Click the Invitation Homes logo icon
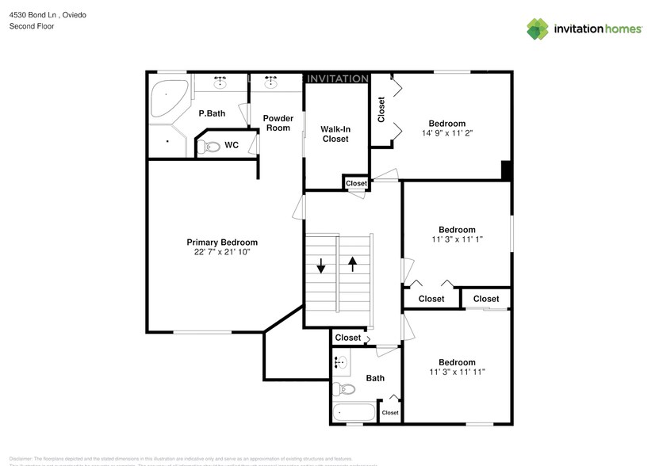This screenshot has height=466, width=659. coord(538,29)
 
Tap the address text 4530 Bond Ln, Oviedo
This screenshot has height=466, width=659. coord(47,13)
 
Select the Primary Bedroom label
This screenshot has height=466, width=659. coord(222,243)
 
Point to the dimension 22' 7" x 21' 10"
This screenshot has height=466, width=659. coord(222,252)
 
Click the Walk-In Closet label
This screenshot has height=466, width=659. coord(335,133)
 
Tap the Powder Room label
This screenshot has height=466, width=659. coord(278,123)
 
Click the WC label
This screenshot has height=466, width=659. coord(232,145)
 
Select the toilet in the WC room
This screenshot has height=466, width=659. coord(209,146)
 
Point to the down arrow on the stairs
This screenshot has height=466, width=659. coord(321,265)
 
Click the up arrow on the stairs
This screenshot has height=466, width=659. coord(352,264)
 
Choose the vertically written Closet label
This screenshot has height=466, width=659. coord(381,109)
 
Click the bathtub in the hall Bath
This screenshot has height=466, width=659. coord(353,413)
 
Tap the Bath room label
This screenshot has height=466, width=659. coord(375,378)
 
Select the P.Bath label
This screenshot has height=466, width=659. coord(212,113)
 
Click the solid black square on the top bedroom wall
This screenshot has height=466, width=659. coord(507,170)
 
